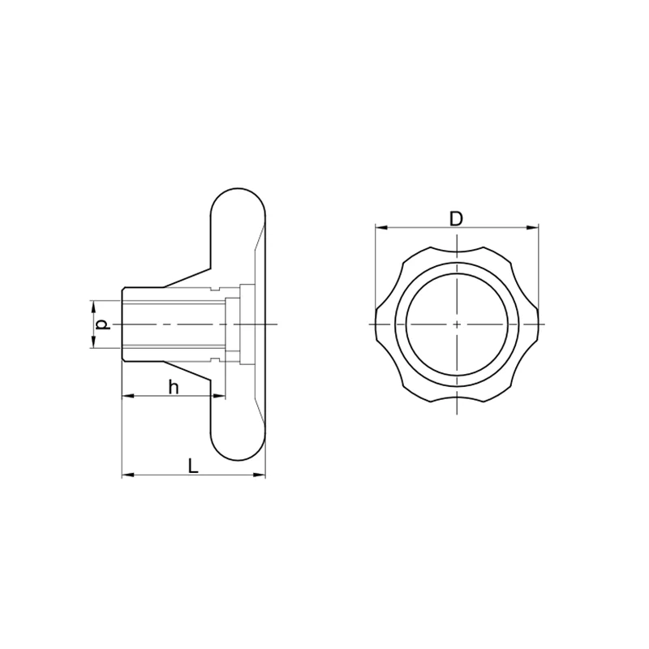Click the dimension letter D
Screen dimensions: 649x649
click(x=456, y=218)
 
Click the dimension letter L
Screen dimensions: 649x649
click(x=193, y=466)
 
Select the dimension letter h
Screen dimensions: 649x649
click(x=174, y=388)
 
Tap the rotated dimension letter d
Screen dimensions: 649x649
click(x=103, y=324)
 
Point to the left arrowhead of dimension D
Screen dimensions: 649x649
click(x=380, y=227)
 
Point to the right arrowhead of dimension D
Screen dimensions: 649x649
click(x=533, y=227)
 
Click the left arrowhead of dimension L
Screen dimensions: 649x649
click(x=128, y=475)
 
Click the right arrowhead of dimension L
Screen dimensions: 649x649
click(x=260, y=475)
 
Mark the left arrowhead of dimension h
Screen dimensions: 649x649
click(x=128, y=396)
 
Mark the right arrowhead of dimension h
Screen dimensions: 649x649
click(x=219, y=396)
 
